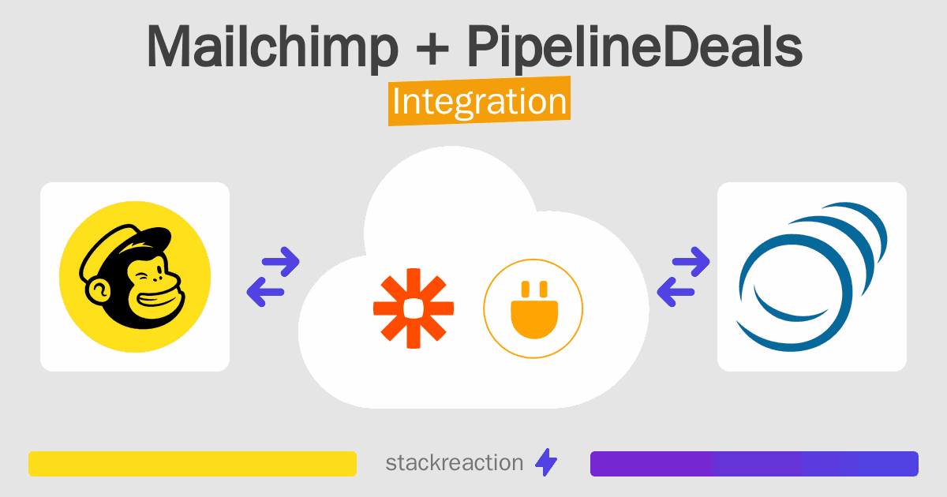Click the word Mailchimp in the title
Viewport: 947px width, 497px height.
(272, 47)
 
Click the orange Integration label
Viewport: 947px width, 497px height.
(479, 103)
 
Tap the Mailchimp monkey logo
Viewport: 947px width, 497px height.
(135, 277)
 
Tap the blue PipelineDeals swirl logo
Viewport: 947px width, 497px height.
(811, 277)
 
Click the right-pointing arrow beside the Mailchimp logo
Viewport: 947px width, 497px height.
(280, 261)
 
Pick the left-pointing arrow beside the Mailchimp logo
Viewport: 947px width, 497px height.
(266, 292)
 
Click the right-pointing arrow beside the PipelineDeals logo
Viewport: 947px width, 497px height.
(691, 261)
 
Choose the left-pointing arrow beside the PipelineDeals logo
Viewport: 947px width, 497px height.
(676, 292)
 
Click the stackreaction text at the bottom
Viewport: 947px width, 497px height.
(454, 463)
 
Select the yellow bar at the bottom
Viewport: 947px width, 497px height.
(193, 464)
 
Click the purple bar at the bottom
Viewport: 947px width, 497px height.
(754, 464)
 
